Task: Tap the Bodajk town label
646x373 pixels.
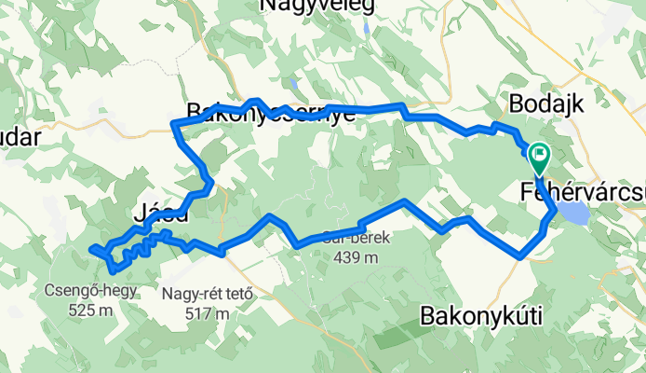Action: (546, 104)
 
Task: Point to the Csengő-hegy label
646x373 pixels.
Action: (90, 290)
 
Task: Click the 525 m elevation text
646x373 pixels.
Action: (90, 310)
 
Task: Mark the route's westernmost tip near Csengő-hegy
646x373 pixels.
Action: (92, 250)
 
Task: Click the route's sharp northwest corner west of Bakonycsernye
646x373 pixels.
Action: (175, 124)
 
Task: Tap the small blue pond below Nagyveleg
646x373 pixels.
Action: (370, 28)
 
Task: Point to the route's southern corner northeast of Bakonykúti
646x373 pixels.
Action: (522, 255)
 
